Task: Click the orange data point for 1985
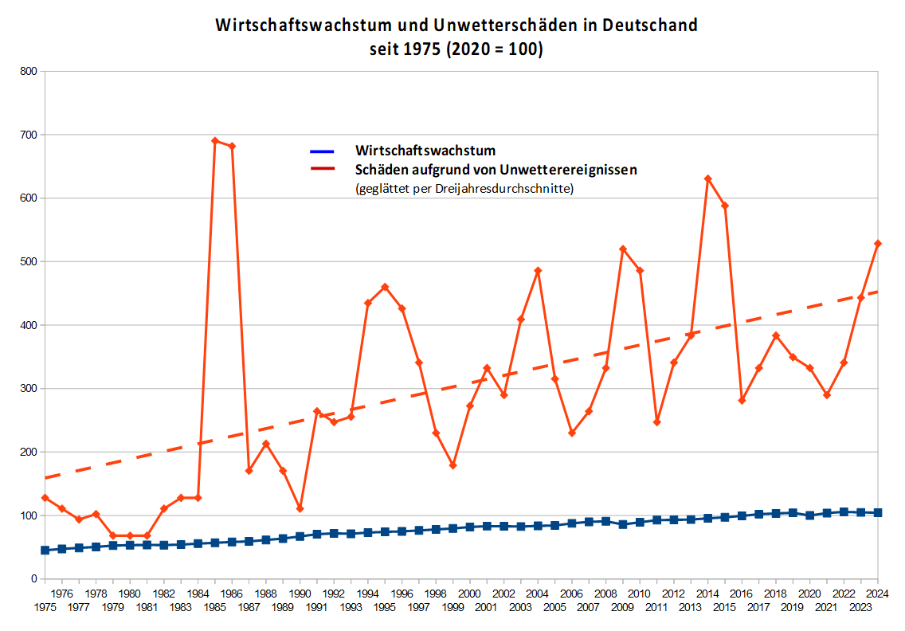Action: click(215, 141)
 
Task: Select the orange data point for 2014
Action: click(707, 179)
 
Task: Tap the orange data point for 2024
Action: click(878, 244)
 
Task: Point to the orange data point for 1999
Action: click(453, 465)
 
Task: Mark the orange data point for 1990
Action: click(300, 508)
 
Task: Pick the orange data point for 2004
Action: click(538, 271)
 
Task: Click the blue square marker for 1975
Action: click(45, 550)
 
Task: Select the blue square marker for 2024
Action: click(878, 512)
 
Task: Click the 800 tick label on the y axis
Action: click(28, 72)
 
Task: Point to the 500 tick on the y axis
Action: click(28, 262)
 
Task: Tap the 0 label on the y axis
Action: click(34, 579)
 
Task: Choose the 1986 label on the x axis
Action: click(232, 594)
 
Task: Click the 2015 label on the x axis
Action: click(724, 608)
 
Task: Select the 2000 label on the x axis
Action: click(470, 594)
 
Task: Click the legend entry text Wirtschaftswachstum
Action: click(425, 150)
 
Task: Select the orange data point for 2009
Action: click(623, 249)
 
